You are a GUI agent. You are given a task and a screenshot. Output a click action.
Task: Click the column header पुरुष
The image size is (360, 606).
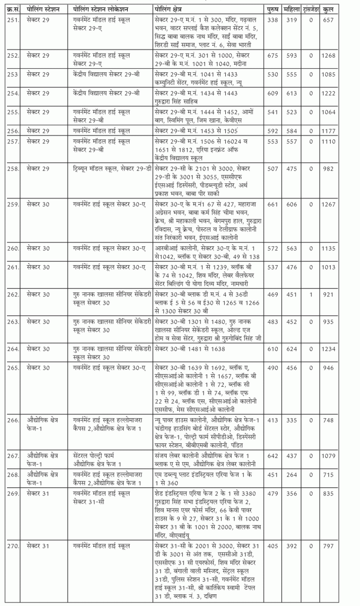coord(273,10)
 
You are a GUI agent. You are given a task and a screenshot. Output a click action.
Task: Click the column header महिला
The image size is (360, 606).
coord(292,10)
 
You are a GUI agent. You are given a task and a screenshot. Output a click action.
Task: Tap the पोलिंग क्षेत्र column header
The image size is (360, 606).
coord(173,10)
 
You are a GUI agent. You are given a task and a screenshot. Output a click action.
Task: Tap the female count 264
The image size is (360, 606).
coord(292,476)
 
